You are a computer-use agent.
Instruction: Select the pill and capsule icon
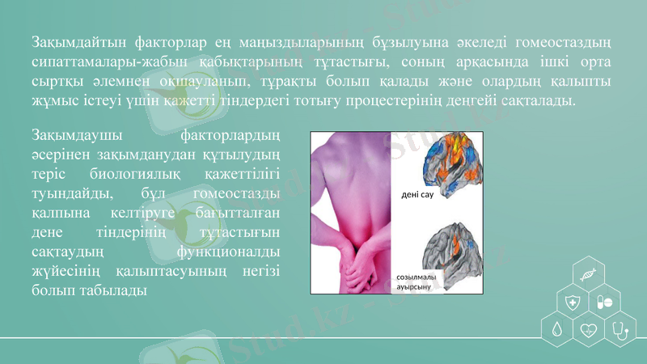[605, 303]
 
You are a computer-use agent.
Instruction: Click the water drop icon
[557, 330]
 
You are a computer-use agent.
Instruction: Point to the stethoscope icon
[621, 330]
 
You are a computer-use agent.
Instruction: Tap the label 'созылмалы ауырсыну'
[417, 282]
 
